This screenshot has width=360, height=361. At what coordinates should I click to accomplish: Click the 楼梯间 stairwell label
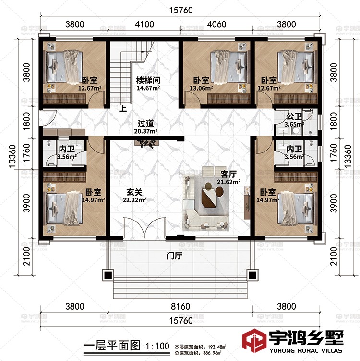(148, 81)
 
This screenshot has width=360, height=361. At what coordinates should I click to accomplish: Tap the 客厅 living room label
(228, 174)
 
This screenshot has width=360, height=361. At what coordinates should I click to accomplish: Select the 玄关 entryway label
(134, 192)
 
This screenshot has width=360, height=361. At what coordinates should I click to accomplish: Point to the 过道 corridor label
(145, 123)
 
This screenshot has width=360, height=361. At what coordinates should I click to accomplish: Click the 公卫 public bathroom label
(294, 116)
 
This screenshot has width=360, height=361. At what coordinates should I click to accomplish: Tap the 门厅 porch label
(174, 256)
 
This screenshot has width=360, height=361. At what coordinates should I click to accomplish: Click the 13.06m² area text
(201, 88)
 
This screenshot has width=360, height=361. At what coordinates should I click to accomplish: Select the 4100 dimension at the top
(144, 24)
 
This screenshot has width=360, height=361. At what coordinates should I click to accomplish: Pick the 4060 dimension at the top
(216, 24)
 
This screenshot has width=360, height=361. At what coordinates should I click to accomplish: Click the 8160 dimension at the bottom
(180, 306)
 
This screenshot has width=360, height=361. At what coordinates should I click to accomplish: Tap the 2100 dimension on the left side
(27, 256)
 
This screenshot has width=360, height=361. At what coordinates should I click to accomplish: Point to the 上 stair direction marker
(123, 108)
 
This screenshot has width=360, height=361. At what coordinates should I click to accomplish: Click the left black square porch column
(108, 275)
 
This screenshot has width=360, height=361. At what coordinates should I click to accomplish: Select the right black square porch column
(252, 275)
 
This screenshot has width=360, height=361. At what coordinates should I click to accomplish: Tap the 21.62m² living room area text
(228, 182)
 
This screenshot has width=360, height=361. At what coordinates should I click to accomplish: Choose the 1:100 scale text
(157, 346)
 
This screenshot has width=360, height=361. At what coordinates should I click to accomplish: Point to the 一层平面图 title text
(112, 346)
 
